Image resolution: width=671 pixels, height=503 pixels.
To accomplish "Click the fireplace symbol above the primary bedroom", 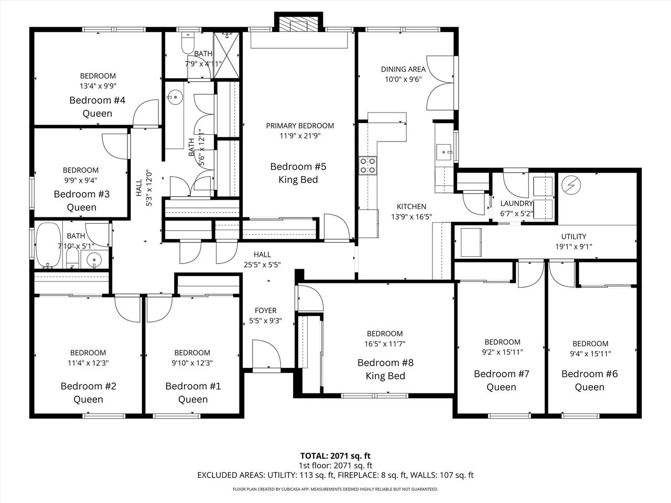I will (x=297, y=25).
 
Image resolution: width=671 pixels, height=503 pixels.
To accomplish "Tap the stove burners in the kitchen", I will (x=367, y=166).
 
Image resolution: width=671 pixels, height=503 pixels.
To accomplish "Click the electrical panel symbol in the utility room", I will (x=569, y=184).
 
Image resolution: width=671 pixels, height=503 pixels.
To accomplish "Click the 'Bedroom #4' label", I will (x=97, y=100).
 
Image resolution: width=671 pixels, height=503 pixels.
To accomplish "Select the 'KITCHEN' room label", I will (x=411, y=206).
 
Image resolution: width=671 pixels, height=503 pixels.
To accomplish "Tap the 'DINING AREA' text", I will (x=403, y=69).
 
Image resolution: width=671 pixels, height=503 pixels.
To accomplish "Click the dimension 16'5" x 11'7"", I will (x=385, y=344).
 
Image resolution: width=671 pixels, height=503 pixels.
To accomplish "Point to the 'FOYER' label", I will (x=265, y=311).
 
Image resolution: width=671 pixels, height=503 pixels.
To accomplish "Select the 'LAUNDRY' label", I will (x=516, y=203).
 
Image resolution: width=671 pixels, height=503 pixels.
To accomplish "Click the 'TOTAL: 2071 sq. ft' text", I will (x=335, y=455).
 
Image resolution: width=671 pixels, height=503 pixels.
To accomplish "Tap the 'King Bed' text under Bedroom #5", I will (x=298, y=180).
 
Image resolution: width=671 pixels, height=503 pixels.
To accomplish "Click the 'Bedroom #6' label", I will (x=590, y=374).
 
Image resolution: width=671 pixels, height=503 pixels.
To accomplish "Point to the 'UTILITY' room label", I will (x=573, y=236).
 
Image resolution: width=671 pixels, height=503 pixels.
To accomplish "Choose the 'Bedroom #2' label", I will (x=89, y=386).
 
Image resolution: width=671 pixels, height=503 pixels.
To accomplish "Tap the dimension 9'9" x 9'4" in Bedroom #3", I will (x=81, y=180).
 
